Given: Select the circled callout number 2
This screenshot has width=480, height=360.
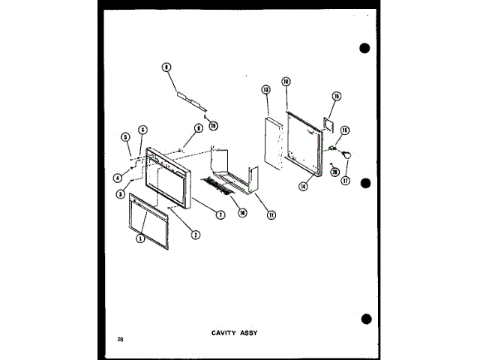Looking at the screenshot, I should click(x=195, y=234).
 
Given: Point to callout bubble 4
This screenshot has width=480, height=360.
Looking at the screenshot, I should click(x=118, y=178).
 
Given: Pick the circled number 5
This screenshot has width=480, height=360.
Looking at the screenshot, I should click(x=125, y=137).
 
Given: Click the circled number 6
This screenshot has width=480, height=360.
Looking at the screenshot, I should click(x=143, y=129).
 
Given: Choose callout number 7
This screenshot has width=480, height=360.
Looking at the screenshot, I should click(x=220, y=215).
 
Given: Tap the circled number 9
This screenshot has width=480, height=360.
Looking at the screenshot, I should click(x=199, y=129).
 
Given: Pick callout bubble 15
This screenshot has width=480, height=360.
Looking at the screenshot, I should click(x=336, y=96).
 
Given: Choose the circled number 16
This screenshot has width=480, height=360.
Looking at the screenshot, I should click(x=346, y=130).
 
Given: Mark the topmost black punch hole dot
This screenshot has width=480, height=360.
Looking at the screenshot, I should click(x=364, y=49).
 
